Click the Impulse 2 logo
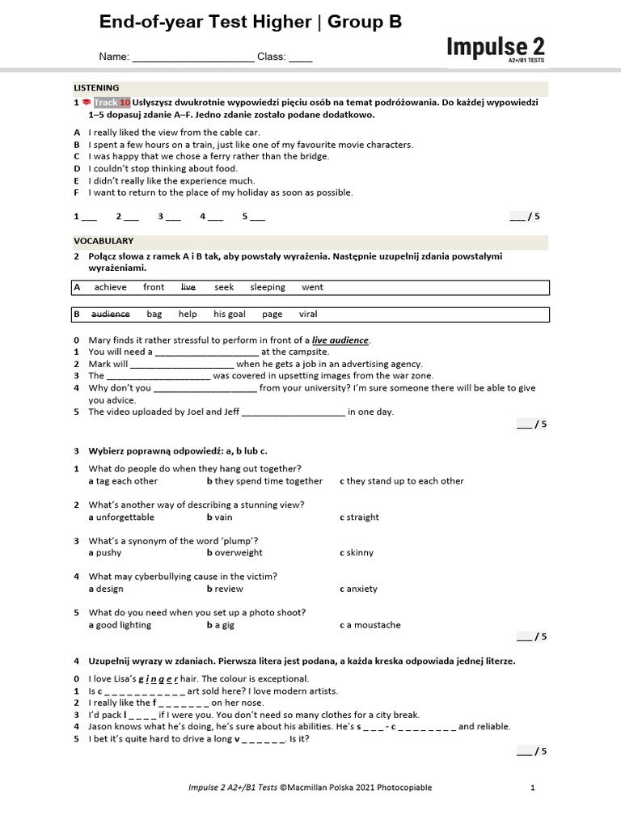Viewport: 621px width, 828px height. click(x=495, y=48)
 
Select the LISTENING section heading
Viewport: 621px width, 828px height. click(x=96, y=88)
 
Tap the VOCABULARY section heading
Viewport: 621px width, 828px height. click(x=103, y=241)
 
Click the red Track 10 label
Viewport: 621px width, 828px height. click(x=112, y=103)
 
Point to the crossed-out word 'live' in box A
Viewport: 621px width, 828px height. click(x=188, y=287)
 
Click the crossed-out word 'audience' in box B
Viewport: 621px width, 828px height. click(x=110, y=314)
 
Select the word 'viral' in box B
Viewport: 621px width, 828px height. click(x=308, y=314)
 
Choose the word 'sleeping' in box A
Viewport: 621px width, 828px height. click(x=267, y=287)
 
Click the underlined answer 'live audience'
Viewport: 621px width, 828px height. click(x=340, y=340)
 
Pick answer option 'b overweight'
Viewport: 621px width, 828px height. click(x=234, y=553)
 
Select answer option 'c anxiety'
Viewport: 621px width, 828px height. click(x=358, y=589)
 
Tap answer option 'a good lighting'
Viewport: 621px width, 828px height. click(x=120, y=625)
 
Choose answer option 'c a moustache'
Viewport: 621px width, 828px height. click(x=370, y=625)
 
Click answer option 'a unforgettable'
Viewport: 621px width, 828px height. click(x=121, y=517)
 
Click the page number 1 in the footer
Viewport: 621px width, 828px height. click(x=532, y=788)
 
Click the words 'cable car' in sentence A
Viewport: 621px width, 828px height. click(x=239, y=133)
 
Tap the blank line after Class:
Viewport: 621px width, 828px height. click(x=300, y=58)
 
